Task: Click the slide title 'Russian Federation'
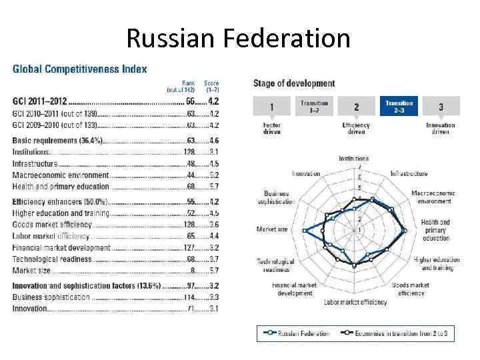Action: (x=238, y=38)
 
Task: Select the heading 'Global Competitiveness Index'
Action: (x=80, y=69)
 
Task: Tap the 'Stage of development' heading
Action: (x=293, y=83)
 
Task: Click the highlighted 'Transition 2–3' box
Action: (x=399, y=107)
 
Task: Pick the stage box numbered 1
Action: (x=271, y=107)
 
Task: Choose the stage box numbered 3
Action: (x=441, y=107)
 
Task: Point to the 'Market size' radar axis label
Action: (x=272, y=229)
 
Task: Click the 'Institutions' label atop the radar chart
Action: (x=353, y=159)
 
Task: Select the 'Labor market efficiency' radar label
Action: (x=355, y=302)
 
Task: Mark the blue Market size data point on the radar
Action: (x=304, y=230)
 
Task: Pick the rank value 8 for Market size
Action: (x=193, y=271)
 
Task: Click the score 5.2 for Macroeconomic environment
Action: (x=213, y=175)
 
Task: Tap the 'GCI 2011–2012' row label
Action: (x=40, y=101)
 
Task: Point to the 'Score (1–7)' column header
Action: (x=211, y=87)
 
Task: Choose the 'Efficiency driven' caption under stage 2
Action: (x=356, y=128)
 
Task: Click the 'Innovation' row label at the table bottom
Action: (x=31, y=309)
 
